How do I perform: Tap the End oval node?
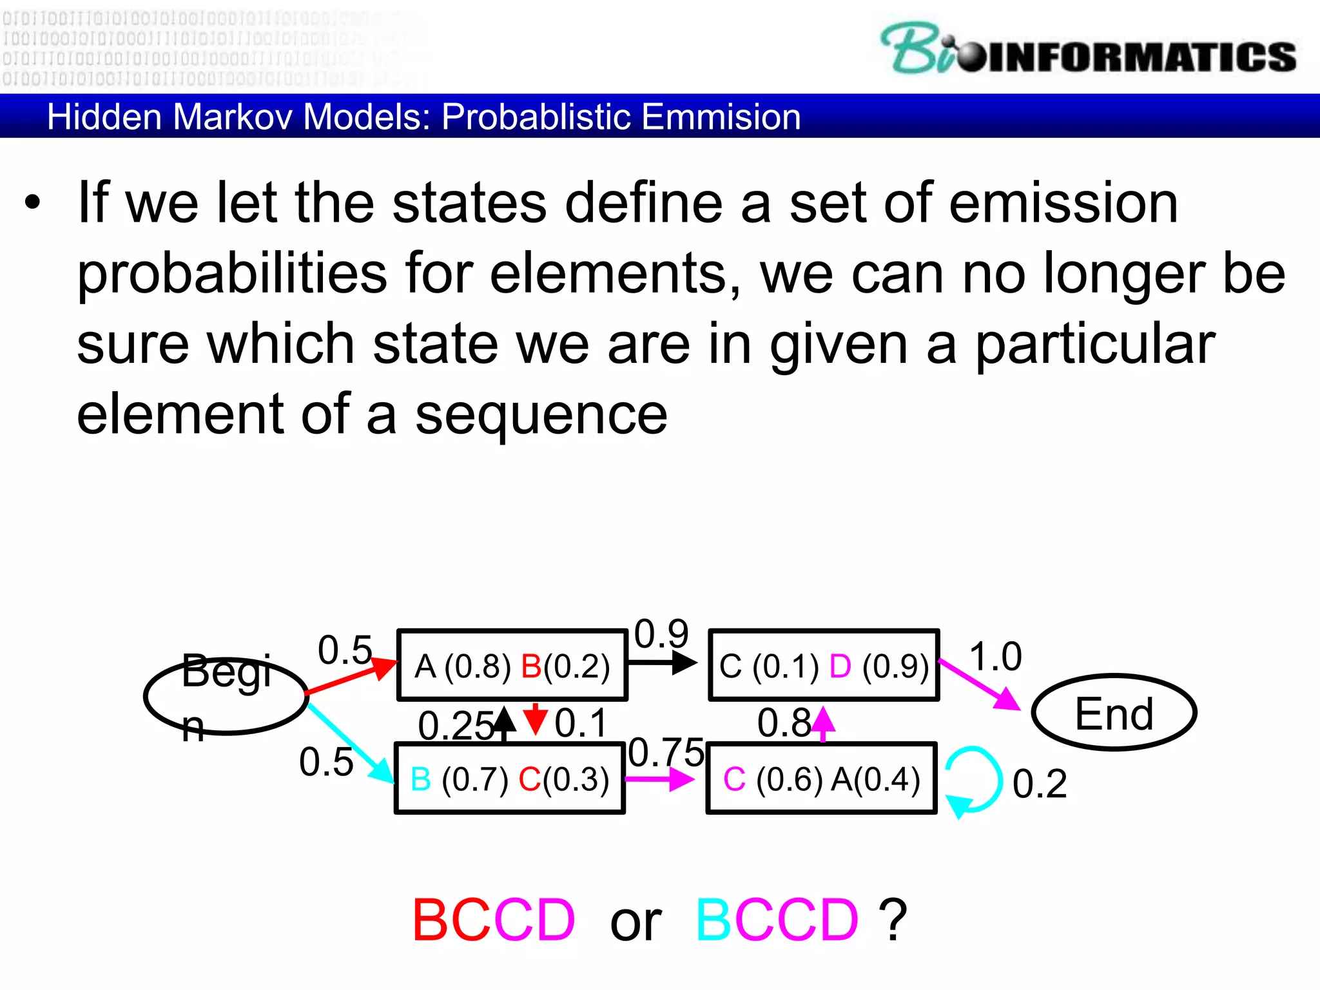tap(1114, 713)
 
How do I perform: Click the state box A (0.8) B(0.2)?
tap(512, 666)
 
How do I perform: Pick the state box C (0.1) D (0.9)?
tap(824, 666)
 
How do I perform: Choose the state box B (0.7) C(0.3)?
tap(509, 779)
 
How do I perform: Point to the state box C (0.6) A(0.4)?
tap(821, 779)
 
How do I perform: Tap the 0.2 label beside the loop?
tap(1039, 784)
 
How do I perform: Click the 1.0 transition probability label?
tap(995, 656)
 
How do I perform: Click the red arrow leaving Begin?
tap(351, 677)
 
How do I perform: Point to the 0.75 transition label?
tap(666, 752)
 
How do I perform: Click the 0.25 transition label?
tap(455, 726)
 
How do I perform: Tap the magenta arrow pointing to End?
tap(980, 684)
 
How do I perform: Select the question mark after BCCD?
tap(893, 920)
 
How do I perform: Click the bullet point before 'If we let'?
tap(32, 204)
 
